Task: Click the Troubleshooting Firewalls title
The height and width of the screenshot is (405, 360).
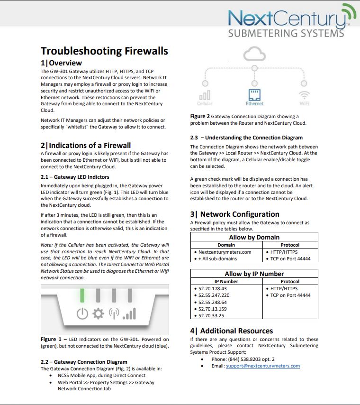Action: click(x=104, y=51)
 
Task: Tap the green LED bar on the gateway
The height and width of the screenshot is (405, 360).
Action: click(x=82, y=295)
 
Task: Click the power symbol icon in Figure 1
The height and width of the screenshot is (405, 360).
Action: click(x=82, y=313)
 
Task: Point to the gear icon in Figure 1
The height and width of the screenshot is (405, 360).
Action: click(x=98, y=313)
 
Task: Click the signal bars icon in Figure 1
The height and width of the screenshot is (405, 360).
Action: click(x=129, y=313)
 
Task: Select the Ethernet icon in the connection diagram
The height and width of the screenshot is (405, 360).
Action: click(x=254, y=94)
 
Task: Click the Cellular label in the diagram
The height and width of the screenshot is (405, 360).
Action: click(x=205, y=103)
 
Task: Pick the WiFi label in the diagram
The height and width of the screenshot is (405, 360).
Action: click(x=304, y=103)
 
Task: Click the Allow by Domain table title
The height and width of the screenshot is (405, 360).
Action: click(x=254, y=237)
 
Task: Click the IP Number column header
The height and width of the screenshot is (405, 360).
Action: click(x=226, y=281)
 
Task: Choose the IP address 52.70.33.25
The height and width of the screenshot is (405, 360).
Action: click(x=212, y=315)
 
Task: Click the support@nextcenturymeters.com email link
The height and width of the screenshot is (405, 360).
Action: click(x=263, y=366)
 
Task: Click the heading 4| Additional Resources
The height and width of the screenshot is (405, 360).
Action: click(x=231, y=331)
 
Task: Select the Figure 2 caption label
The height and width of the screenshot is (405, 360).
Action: click(x=200, y=116)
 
